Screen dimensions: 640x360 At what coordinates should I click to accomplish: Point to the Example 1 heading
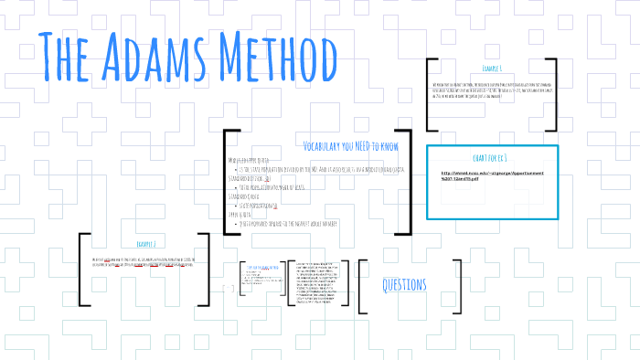pyautogui.click(x=493, y=69)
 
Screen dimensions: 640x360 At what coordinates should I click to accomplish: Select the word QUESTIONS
pyautogui.click(x=404, y=285)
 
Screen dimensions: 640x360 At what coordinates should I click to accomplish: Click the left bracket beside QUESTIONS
pyautogui.click(x=362, y=285)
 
